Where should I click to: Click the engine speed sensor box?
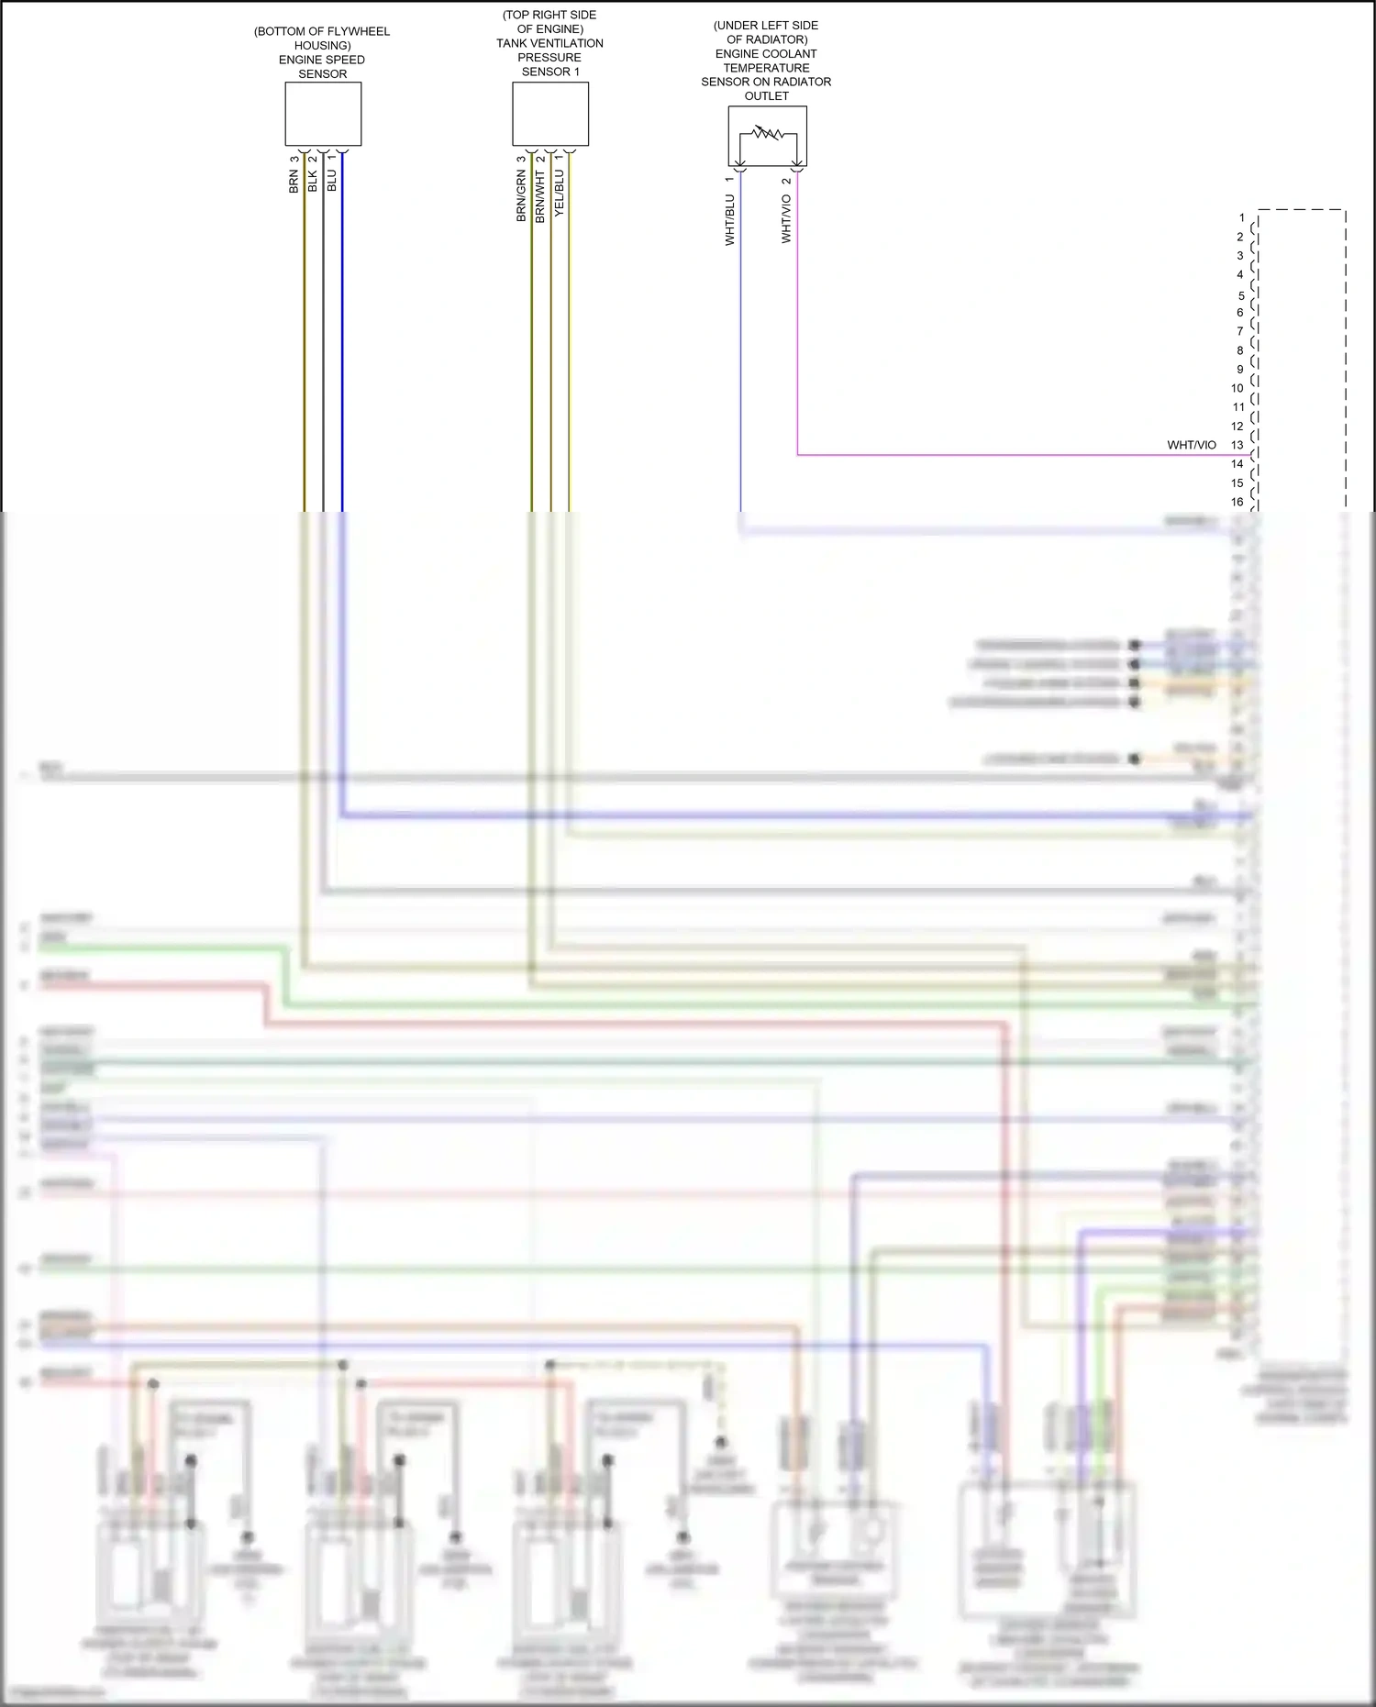pyautogui.click(x=323, y=114)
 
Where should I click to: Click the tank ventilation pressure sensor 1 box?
pyautogui.click(x=550, y=114)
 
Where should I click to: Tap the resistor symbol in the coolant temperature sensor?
pyautogui.click(x=767, y=134)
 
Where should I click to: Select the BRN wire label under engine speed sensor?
pyautogui.click(x=294, y=181)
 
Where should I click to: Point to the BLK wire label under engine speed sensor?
pyautogui.click(x=313, y=181)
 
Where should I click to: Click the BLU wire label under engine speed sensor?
pyautogui.click(x=332, y=180)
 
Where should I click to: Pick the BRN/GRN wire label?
pyautogui.click(x=521, y=195)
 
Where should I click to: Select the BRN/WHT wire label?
pyautogui.click(x=540, y=195)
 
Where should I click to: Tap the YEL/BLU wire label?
pyautogui.click(x=560, y=193)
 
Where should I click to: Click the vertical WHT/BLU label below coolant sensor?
pyautogui.click(x=730, y=219)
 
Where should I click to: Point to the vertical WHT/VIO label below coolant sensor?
pyautogui.click(x=786, y=218)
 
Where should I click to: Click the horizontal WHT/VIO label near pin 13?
pyautogui.click(x=1191, y=445)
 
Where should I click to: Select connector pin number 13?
pyautogui.click(x=1237, y=445)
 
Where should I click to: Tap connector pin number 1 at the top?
pyautogui.click(x=1242, y=218)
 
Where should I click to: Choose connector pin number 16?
pyautogui.click(x=1237, y=502)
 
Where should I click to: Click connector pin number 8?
pyautogui.click(x=1240, y=350)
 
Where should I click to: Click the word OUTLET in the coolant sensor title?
pyautogui.click(x=767, y=95)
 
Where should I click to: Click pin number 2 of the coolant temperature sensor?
pyautogui.click(x=786, y=181)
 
